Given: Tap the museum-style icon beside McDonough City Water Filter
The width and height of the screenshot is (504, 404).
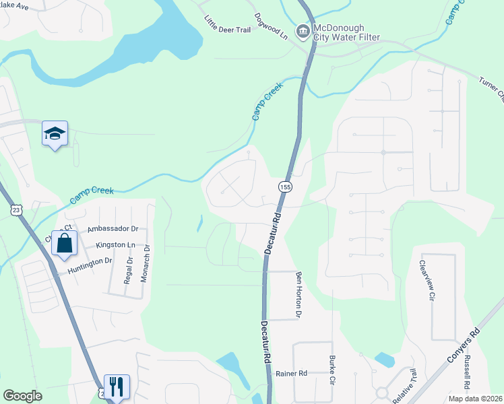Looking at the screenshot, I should (303, 30).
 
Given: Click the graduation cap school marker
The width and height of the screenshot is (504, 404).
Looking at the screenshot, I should (55, 133).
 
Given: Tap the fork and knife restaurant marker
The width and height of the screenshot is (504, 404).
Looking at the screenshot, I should (116, 386).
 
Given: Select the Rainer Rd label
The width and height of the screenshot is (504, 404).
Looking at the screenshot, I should (291, 373).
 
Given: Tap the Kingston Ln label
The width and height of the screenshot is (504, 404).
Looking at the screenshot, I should (116, 244).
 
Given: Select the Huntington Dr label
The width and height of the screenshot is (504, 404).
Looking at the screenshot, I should (89, 265).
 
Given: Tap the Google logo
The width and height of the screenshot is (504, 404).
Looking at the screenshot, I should (22, 396).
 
